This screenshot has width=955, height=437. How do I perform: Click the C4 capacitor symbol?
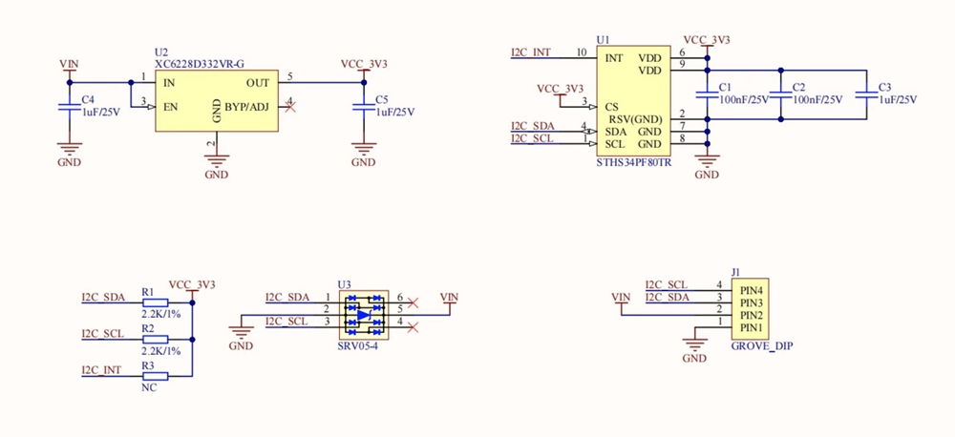point(69,106)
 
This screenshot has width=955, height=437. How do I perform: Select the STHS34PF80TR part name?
point(633,163)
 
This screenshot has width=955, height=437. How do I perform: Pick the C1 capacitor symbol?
point(707,94)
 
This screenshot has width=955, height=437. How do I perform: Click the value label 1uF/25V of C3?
point(897,100)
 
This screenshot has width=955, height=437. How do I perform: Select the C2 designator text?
point(799,87)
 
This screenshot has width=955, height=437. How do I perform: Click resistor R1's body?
point(155,303)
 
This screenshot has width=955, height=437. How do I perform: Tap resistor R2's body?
point(155,340)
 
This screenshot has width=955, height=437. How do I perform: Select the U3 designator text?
point(344,284)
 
